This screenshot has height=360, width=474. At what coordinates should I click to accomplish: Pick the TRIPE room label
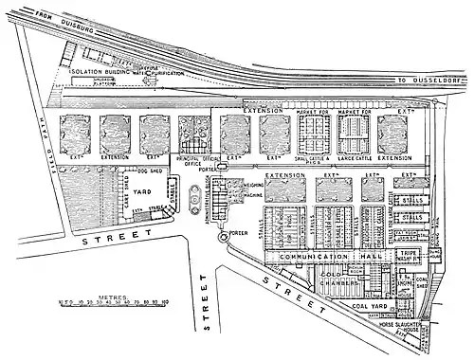[410, 254]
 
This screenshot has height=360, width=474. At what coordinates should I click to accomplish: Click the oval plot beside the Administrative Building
[197, 196]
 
